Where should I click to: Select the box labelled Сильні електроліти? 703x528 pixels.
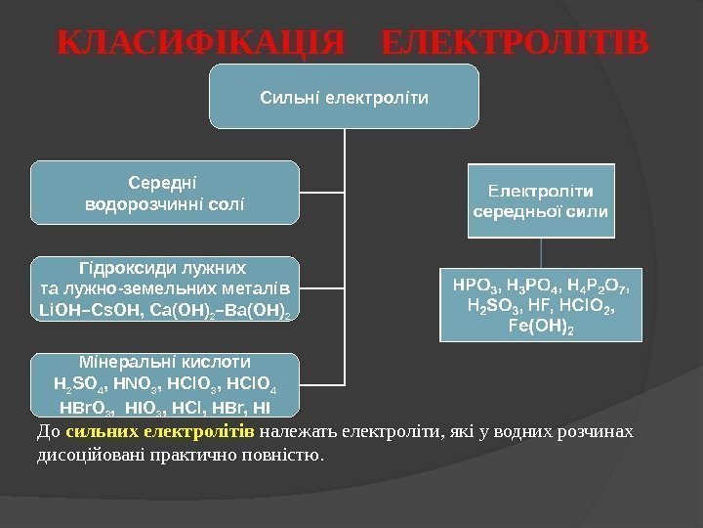[x=345, y=98]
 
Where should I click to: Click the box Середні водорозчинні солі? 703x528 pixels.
[x=164, y=194]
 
